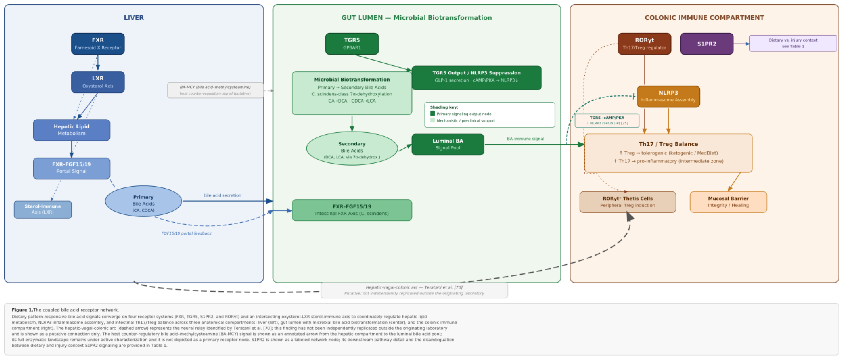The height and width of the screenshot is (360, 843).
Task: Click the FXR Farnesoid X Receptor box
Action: coord(98,44)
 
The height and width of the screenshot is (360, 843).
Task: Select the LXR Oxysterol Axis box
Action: coord(98,82)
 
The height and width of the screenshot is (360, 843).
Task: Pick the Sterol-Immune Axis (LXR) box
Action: coord(42,209)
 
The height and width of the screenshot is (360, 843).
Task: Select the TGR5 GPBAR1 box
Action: coord(352,44)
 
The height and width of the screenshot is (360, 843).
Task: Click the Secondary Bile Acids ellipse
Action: coord(352,148)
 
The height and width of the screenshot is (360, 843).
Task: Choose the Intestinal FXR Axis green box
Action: coord(352,210)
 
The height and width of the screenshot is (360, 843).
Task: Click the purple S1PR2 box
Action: coord(706,44)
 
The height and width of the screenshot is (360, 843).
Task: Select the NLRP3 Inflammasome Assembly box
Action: coord(668,96)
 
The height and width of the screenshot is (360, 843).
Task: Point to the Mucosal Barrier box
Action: coord(728,202)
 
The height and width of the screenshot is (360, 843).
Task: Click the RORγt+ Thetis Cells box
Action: coord(627,202)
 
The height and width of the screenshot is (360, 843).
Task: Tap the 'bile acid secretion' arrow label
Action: coord(223,195)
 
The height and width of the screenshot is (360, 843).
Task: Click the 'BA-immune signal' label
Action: coord(525,139)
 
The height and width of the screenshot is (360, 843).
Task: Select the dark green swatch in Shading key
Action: coord(432,114)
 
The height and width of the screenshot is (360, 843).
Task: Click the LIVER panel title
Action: coord(133,18)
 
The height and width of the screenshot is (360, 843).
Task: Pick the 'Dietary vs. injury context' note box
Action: coord(793,43)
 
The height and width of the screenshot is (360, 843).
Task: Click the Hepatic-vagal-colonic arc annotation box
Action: coord(414,290)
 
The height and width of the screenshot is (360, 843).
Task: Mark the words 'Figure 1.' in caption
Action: coord(22,310)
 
